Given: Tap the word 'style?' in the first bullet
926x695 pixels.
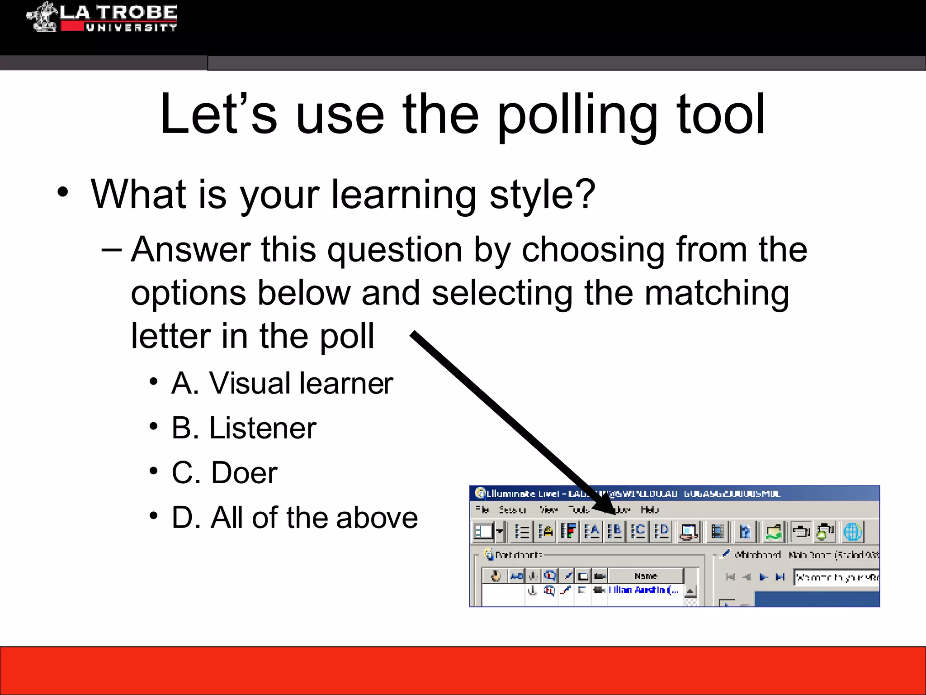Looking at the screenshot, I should click(x=543, y=195).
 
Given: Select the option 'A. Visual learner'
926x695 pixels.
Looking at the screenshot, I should click(x=282, y=383).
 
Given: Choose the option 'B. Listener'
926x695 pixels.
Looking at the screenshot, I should click(x=244, y=428).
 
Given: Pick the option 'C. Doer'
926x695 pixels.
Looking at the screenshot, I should click(x=224, y=473).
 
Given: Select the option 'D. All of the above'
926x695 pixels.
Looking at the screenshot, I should click(x=294, y=518).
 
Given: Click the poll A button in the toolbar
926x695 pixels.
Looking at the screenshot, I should click(x=592, y=531).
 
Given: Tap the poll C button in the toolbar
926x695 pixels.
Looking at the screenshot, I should click(x=638, y=531).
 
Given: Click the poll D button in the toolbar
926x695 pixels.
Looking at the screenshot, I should click(x=661, y=531).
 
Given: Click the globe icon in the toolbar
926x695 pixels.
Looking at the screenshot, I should click(x=852, y=532).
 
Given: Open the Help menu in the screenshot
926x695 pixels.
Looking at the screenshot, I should click(x=649, y=510).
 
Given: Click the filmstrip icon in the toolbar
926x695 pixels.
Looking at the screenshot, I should click(x=718, y=532).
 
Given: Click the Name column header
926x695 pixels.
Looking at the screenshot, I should click(x=646, y=576).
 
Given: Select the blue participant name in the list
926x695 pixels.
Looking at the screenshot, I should click(x=643, y=590).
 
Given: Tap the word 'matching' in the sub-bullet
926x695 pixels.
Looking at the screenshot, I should click(x=717, y=293).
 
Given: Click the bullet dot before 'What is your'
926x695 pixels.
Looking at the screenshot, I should click(x=63, y=192).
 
